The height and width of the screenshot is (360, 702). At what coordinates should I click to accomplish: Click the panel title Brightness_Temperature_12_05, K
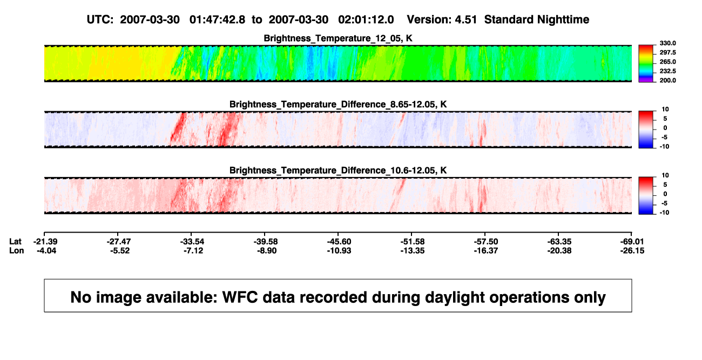point(338,38)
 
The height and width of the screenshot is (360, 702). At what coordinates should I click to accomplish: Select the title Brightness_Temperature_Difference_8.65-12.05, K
point(338,104)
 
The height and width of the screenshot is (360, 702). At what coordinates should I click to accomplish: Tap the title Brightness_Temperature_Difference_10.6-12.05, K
point(338,171)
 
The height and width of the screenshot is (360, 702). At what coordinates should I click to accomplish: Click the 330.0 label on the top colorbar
point(667,43)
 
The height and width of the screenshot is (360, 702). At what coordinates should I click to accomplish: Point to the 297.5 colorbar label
point(667,52)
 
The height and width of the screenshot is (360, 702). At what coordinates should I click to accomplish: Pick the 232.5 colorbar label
point(667,71)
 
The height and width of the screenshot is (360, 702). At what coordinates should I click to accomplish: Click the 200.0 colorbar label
point(667,80)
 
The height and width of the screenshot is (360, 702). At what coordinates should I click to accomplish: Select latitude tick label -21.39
point(45,242)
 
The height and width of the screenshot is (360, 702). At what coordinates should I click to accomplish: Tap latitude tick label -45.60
point(339,242)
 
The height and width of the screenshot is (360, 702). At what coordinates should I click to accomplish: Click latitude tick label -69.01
point(632,242)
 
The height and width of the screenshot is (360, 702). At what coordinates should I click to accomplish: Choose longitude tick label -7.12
point(193,250)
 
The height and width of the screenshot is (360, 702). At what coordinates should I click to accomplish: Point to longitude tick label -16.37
point(486,250)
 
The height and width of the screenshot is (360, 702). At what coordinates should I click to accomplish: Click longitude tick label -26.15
point(632,250)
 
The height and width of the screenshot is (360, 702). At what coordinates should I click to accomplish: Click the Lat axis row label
point(15,242)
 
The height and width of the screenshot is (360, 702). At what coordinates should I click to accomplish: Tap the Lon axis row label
point(17,250)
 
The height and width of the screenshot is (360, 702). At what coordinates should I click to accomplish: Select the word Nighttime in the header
point(563,20)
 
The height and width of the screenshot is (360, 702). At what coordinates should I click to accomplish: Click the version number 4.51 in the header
point(465,20)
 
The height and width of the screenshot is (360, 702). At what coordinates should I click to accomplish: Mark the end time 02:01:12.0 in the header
point(366,20)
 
